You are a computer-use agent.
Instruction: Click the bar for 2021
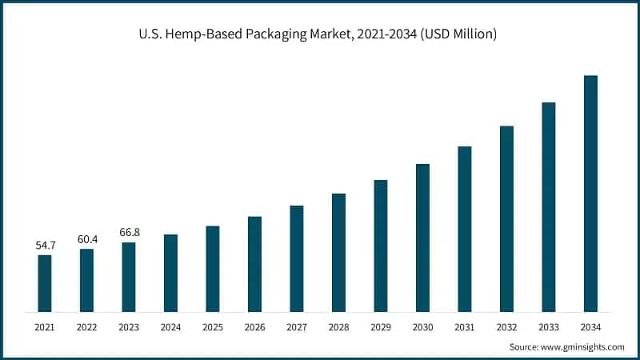point(45,283)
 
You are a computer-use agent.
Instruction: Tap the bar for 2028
point(338,253)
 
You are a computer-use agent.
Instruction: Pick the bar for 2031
point(465,229)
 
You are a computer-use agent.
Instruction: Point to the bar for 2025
point(213,269)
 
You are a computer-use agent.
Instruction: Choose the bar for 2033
point(549,207)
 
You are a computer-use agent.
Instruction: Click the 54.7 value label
point(45,245)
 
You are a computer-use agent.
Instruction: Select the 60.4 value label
point(86,239)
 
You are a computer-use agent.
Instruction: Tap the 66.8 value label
point(129,232)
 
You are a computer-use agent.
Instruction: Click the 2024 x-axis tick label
point(170,326)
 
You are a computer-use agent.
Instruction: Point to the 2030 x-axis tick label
point(422,326)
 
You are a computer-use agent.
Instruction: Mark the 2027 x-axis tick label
point(297,326)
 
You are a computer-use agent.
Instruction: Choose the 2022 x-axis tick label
point(86,326)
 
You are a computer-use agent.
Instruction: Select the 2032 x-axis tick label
point(506,326)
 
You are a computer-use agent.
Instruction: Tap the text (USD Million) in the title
point(450,34)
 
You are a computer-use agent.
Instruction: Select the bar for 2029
point(381,246)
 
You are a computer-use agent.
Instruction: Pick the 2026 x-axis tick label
point(254,326)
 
